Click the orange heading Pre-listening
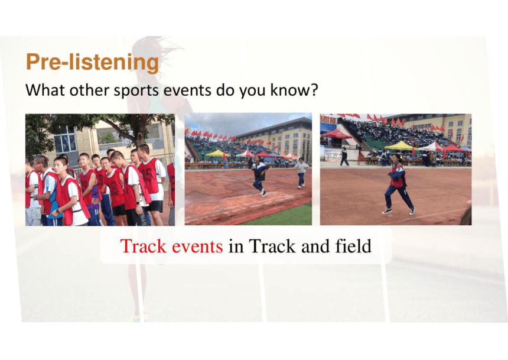coord(92,62)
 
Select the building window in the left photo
coord(65,142)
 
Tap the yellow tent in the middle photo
coord(217,153)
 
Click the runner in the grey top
coord(301,173)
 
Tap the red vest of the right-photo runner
coord(398,177)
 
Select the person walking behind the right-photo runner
coord(344,157)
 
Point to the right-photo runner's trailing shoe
coord(412,211)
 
